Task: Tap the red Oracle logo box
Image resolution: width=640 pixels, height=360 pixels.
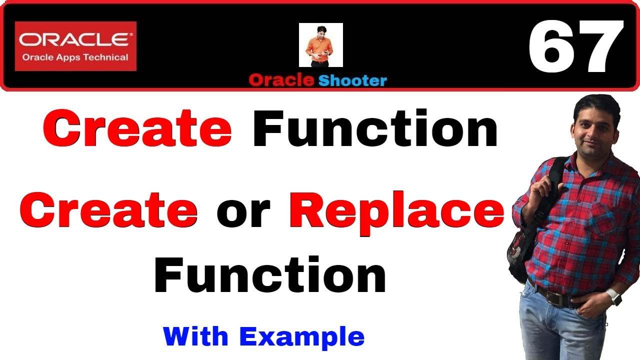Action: point(75,46)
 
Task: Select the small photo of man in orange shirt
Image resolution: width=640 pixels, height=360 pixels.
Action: point(320,45)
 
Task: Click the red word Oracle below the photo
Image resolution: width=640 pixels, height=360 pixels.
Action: point(281,80)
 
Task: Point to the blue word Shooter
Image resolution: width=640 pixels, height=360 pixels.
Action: point(352,80)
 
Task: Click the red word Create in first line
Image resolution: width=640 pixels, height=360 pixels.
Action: point(137,128)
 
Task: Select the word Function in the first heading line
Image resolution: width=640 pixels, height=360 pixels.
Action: point(375,128)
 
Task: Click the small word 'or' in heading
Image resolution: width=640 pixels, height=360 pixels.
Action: point(243,212)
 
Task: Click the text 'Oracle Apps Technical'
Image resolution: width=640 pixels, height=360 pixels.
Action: point(75,57)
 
